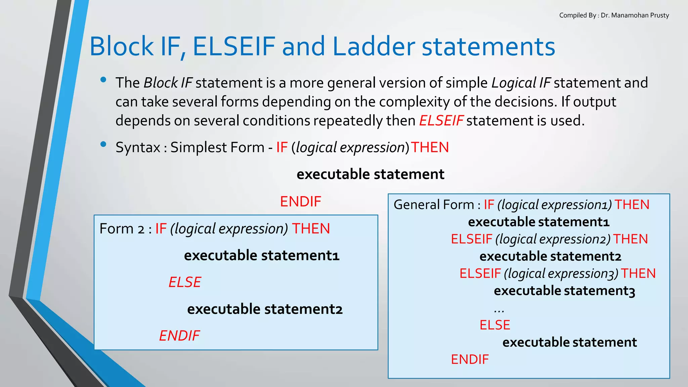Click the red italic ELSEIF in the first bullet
(x=441, y=121)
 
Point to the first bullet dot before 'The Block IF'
(x=103, y=80)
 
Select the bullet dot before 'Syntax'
(x=103, y=144)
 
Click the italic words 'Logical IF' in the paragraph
(x=521, y=83)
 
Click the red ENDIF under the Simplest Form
(x=301, y=202)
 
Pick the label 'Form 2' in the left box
(x=122, y=229)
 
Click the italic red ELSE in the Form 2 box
(x=185, y=282)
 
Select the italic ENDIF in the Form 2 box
(x=179, y=336)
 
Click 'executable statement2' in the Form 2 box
(x=265, y=309)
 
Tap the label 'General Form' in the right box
(x=433, y=205)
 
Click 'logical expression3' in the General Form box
(x=561, y=273)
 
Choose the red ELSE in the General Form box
(x=495, y=325)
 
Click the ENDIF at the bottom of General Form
(x=470, y=359)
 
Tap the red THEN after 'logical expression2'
(x=630, y=239)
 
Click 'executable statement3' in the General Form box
(x=564, y=291)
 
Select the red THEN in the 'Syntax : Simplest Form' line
(x=430, y=147)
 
